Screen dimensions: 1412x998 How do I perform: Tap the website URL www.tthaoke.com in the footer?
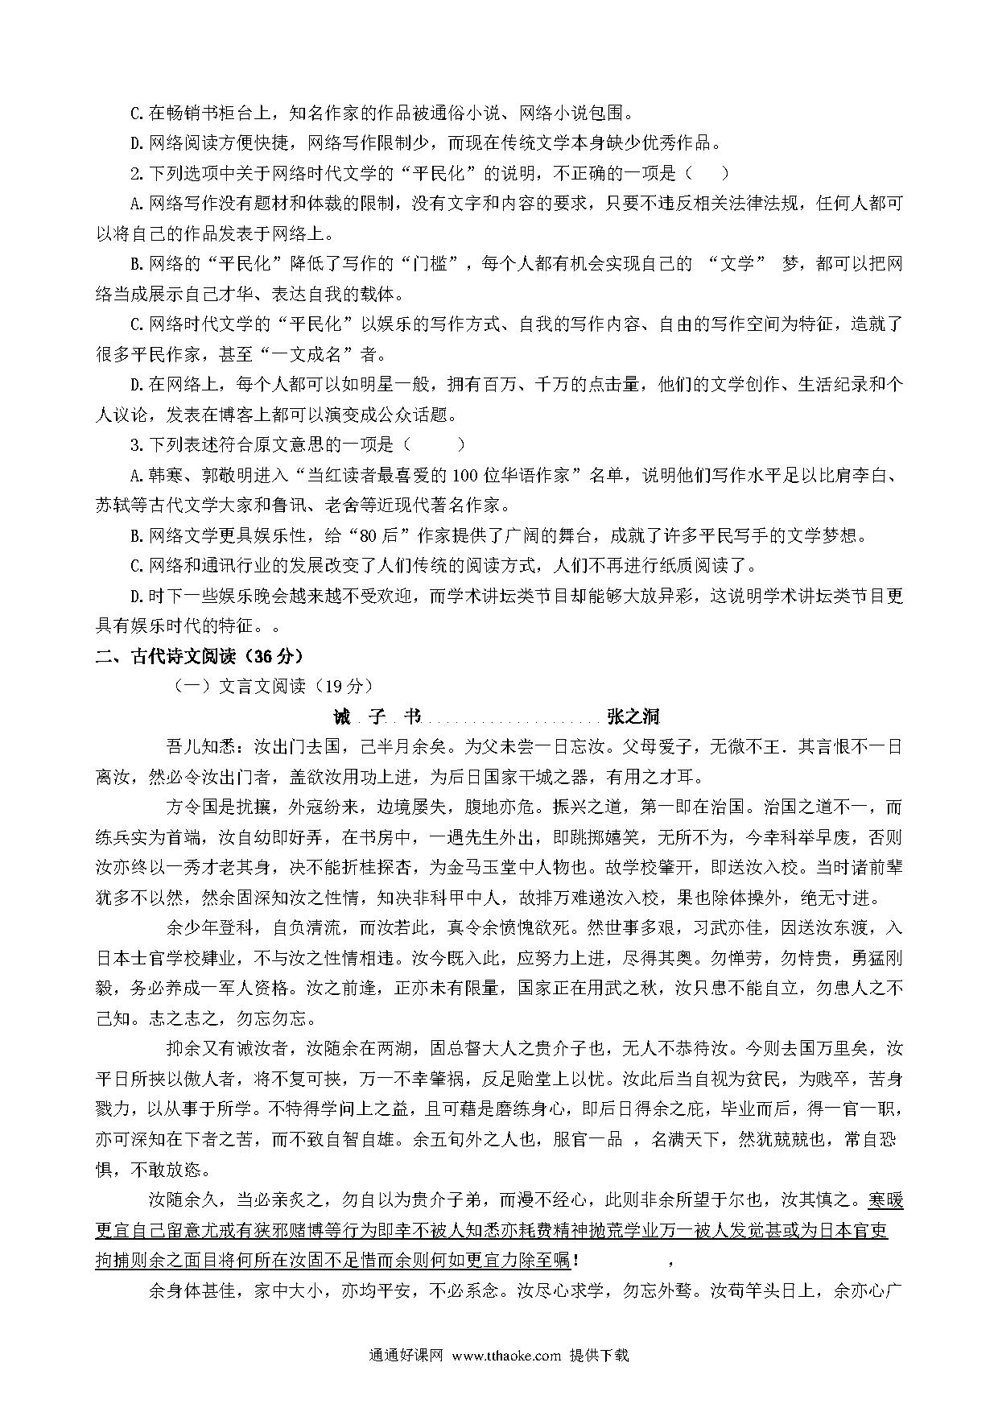click(x=506, y=1355)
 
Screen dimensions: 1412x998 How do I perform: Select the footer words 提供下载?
click(x=598, y=1355)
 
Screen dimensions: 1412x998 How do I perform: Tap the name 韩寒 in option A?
click(x=168, y=475)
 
